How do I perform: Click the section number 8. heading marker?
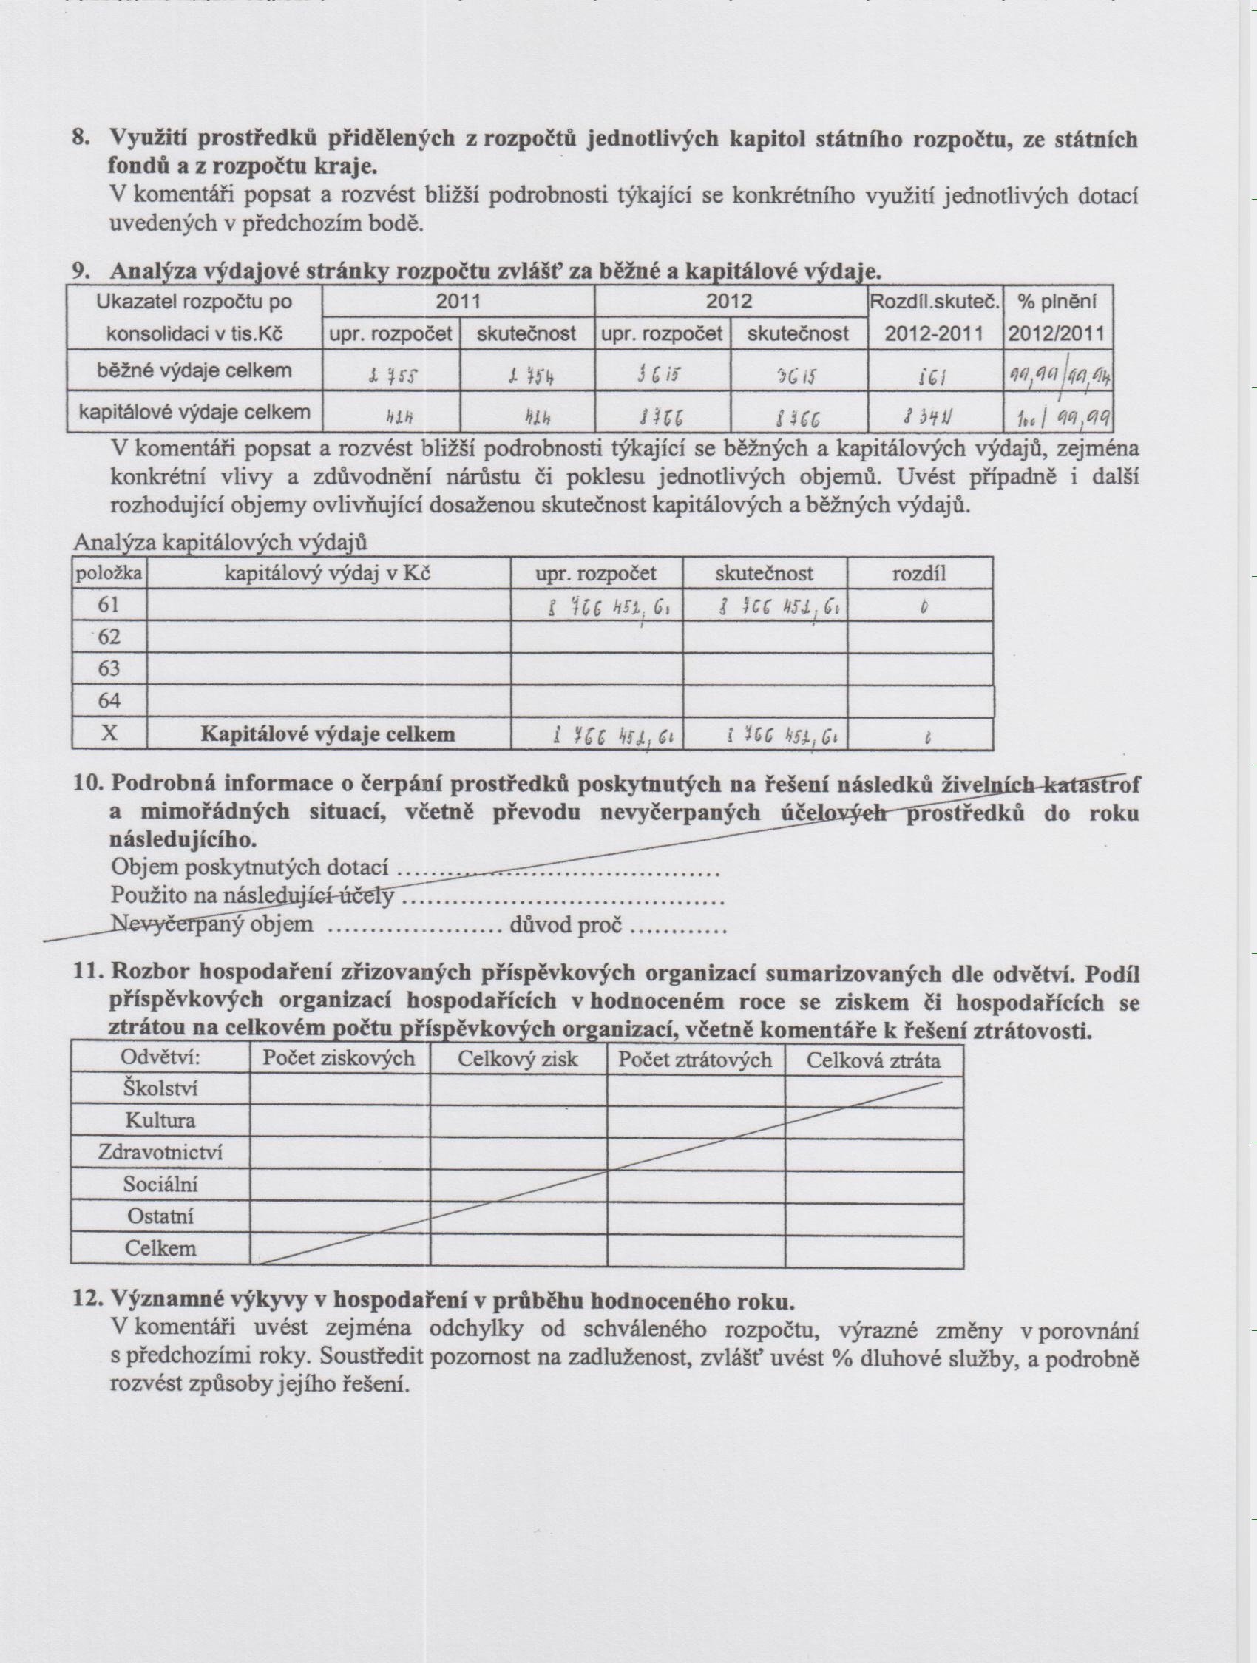click(x=81, y=139)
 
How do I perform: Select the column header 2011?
click(x=458, y=302)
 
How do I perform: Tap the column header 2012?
click(x=728, y=302)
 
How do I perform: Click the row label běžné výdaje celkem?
click(x=194, y=370)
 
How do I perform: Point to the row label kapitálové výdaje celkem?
click(x=194, y=412)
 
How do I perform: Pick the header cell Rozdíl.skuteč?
click(x=935, y=302)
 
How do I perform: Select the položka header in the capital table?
click(x=109, y=574)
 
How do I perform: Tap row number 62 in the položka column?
click(x=109, y=637)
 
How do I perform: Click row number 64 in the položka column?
click(x=109, y=701)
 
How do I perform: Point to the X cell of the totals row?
click(x=109, y=733)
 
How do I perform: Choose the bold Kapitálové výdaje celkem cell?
click(x=328, y=734)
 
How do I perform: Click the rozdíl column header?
click(x=918, y=574)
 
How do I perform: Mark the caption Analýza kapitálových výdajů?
click(x=220, y=542)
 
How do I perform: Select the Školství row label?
click(x=160, y=1088)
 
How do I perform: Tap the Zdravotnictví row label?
click(x=160, y=1153)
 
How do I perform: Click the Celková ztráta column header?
click(x=873, y=1060)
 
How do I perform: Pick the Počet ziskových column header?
click(x=339, y=1059)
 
